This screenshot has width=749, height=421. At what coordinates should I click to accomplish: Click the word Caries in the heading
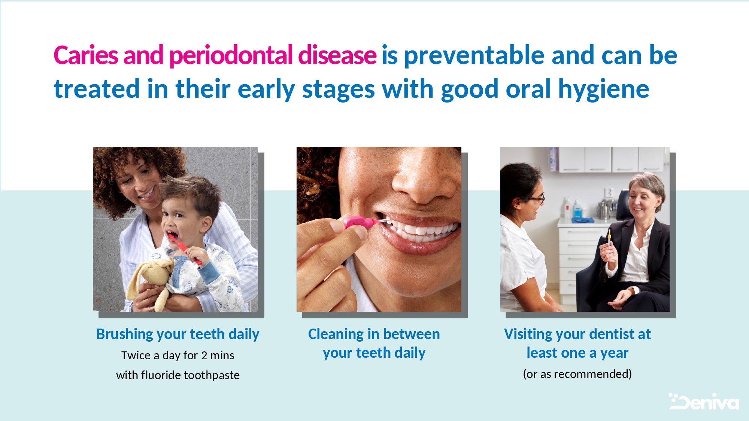86,55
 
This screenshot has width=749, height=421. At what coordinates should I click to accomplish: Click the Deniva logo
704,402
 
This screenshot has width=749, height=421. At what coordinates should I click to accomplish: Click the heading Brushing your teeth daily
178,334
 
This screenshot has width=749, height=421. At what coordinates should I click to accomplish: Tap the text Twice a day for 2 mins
178,355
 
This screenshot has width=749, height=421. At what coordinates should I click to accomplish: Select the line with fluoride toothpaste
178,375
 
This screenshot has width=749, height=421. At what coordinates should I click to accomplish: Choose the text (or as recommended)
577,374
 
